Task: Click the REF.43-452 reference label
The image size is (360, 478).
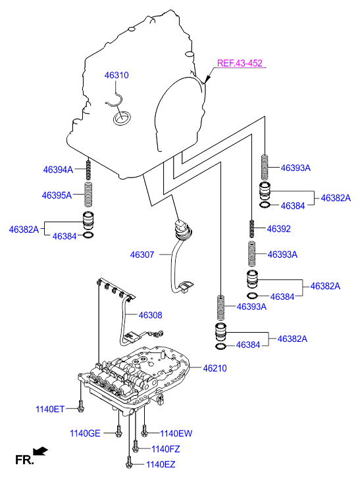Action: click(240, 63)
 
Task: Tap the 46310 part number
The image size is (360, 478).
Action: click(116, 76)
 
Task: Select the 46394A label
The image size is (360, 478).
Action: click(58, 170)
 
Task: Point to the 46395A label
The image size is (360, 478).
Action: click(57, 195)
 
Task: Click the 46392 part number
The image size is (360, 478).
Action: click(279, 229)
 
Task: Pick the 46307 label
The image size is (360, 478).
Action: click(142, 254)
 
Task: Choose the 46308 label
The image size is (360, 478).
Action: click(151, 315)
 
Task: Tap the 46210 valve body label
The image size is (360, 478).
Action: click(215, 368)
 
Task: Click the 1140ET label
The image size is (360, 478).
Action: click(50, 409)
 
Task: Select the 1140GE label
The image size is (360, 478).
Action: click(85, 433)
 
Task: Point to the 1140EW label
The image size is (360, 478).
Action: click(176, 433)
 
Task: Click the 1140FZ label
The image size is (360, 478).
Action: click(166, 449)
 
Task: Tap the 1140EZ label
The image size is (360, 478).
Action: click(161, 465)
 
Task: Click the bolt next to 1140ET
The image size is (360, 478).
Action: click(80, 406)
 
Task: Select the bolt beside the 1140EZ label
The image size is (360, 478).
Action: click(129, 462)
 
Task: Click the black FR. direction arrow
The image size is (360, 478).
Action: click(41, 451)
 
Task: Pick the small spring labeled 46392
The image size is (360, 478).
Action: click(252, 229)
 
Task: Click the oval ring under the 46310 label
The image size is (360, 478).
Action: click(122, 118)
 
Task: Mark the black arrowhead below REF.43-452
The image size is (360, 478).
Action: click(207, 79)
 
